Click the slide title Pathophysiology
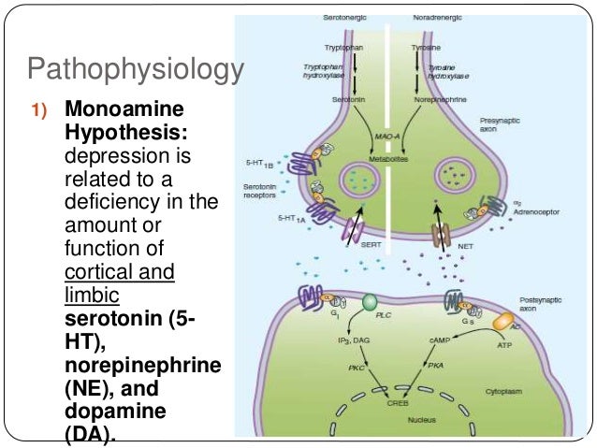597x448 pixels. pos(136,70)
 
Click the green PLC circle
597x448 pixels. pos(369,303)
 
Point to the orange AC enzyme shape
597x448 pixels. pos(503,320)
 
